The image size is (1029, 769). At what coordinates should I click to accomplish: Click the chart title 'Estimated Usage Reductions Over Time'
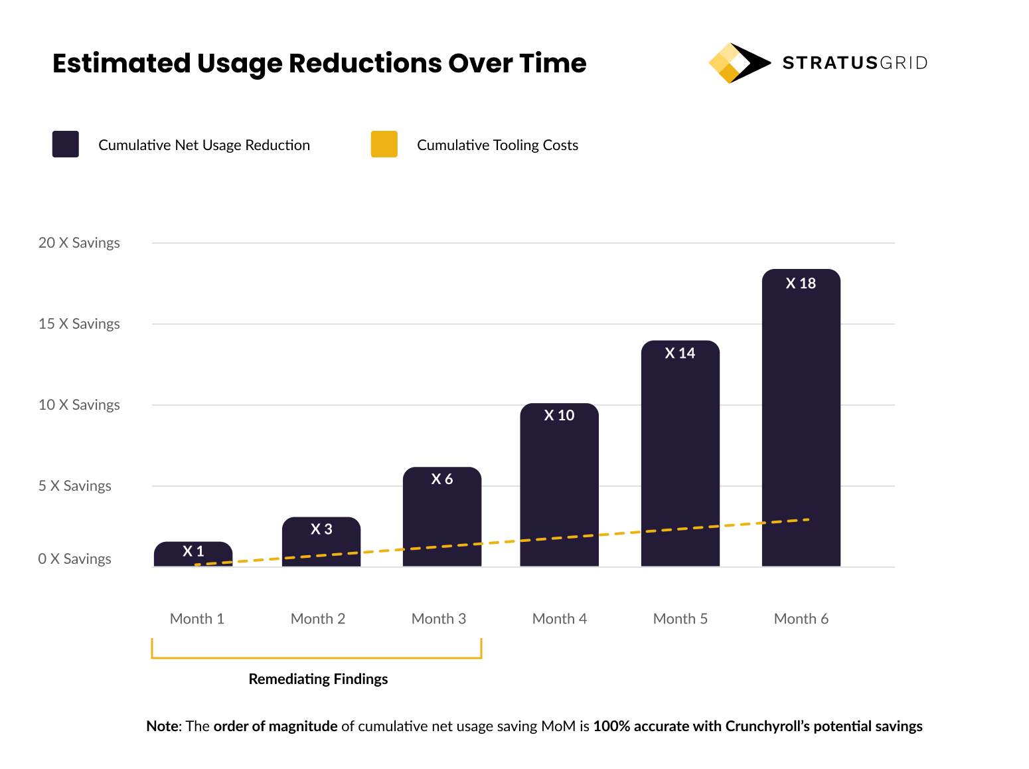pyautogui.click(x=319, y=64)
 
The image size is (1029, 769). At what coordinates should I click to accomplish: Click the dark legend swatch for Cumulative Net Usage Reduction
pyautogui.click(x=66, y=144)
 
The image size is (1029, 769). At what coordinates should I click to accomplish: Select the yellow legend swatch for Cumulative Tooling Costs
pyautogui.click(x=384, y=144)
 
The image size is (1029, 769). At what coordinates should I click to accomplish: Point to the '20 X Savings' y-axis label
pyautogui.click(x=79, y=243)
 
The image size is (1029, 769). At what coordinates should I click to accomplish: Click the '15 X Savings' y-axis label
pyautogui.click(x=79, y=324)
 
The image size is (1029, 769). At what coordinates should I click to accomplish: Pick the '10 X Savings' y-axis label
pyautogui.click(x=79, y=405)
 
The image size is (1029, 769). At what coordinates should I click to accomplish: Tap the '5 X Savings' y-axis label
pyautogui.click(x=74, y=486)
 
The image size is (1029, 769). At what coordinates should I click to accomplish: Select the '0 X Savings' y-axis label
pyautogui.click(x=74, y=559)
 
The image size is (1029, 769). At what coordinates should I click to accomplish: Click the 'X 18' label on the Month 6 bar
pyautogui.click(x=801, y=284)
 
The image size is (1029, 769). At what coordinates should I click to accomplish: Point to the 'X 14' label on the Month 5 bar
pyautogui.click(x=680, y=353)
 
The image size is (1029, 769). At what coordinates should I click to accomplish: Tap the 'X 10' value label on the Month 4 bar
pyautogui.click(x=559, y=416)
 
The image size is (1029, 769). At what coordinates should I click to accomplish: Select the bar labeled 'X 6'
pyautogui.click(x=442, y=518)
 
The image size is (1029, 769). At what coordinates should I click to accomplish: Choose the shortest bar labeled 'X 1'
pyautogui.click(x=193, y=554)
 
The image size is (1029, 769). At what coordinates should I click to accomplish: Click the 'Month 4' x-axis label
pyautogui.click(x=559, y=619)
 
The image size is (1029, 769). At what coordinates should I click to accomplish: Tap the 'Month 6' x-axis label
pyautogui.click(x=801, y=619)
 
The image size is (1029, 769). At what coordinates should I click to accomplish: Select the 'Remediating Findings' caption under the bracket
pyautogui.click(x=318, y=679)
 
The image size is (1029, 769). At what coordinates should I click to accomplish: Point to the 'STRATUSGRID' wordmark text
pyautogui.click(x=854, y=63)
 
